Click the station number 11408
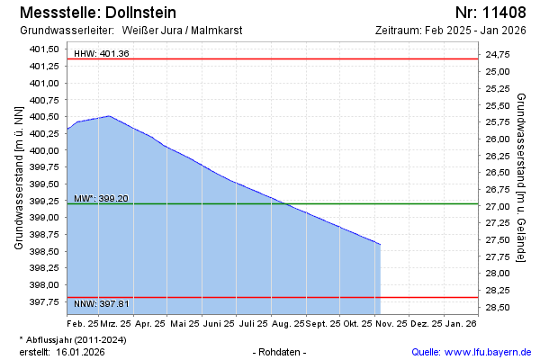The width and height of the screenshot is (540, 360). pos(503,13)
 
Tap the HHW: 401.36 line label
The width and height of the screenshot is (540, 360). pos(102,54)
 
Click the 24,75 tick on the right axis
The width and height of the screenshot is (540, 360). pos(498,55)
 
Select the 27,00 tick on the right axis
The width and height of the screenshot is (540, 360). pos(498,207)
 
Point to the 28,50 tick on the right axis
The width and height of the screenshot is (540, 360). pos(498,308)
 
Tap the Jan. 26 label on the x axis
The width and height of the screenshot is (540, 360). pos(461,322)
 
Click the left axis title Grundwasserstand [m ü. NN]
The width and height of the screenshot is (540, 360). pos(19,176)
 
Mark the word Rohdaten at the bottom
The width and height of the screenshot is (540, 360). pos(281,351)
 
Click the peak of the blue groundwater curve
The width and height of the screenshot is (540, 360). pos(109,116)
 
